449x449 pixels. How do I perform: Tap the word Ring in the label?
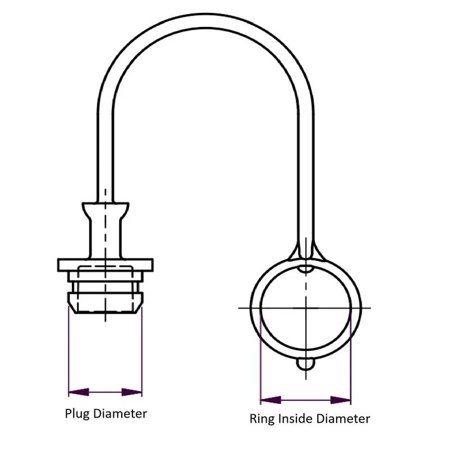(260, 419)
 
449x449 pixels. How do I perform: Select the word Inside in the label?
(294, 419)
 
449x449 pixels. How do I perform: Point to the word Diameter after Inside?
(343, 419)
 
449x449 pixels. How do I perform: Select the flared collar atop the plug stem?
(104, 210)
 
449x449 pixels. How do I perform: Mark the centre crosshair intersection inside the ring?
(306, 308)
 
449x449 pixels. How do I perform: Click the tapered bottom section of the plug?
(104, 303)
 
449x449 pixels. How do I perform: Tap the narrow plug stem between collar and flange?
(104, 239)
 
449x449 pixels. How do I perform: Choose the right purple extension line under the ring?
(351, 359)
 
